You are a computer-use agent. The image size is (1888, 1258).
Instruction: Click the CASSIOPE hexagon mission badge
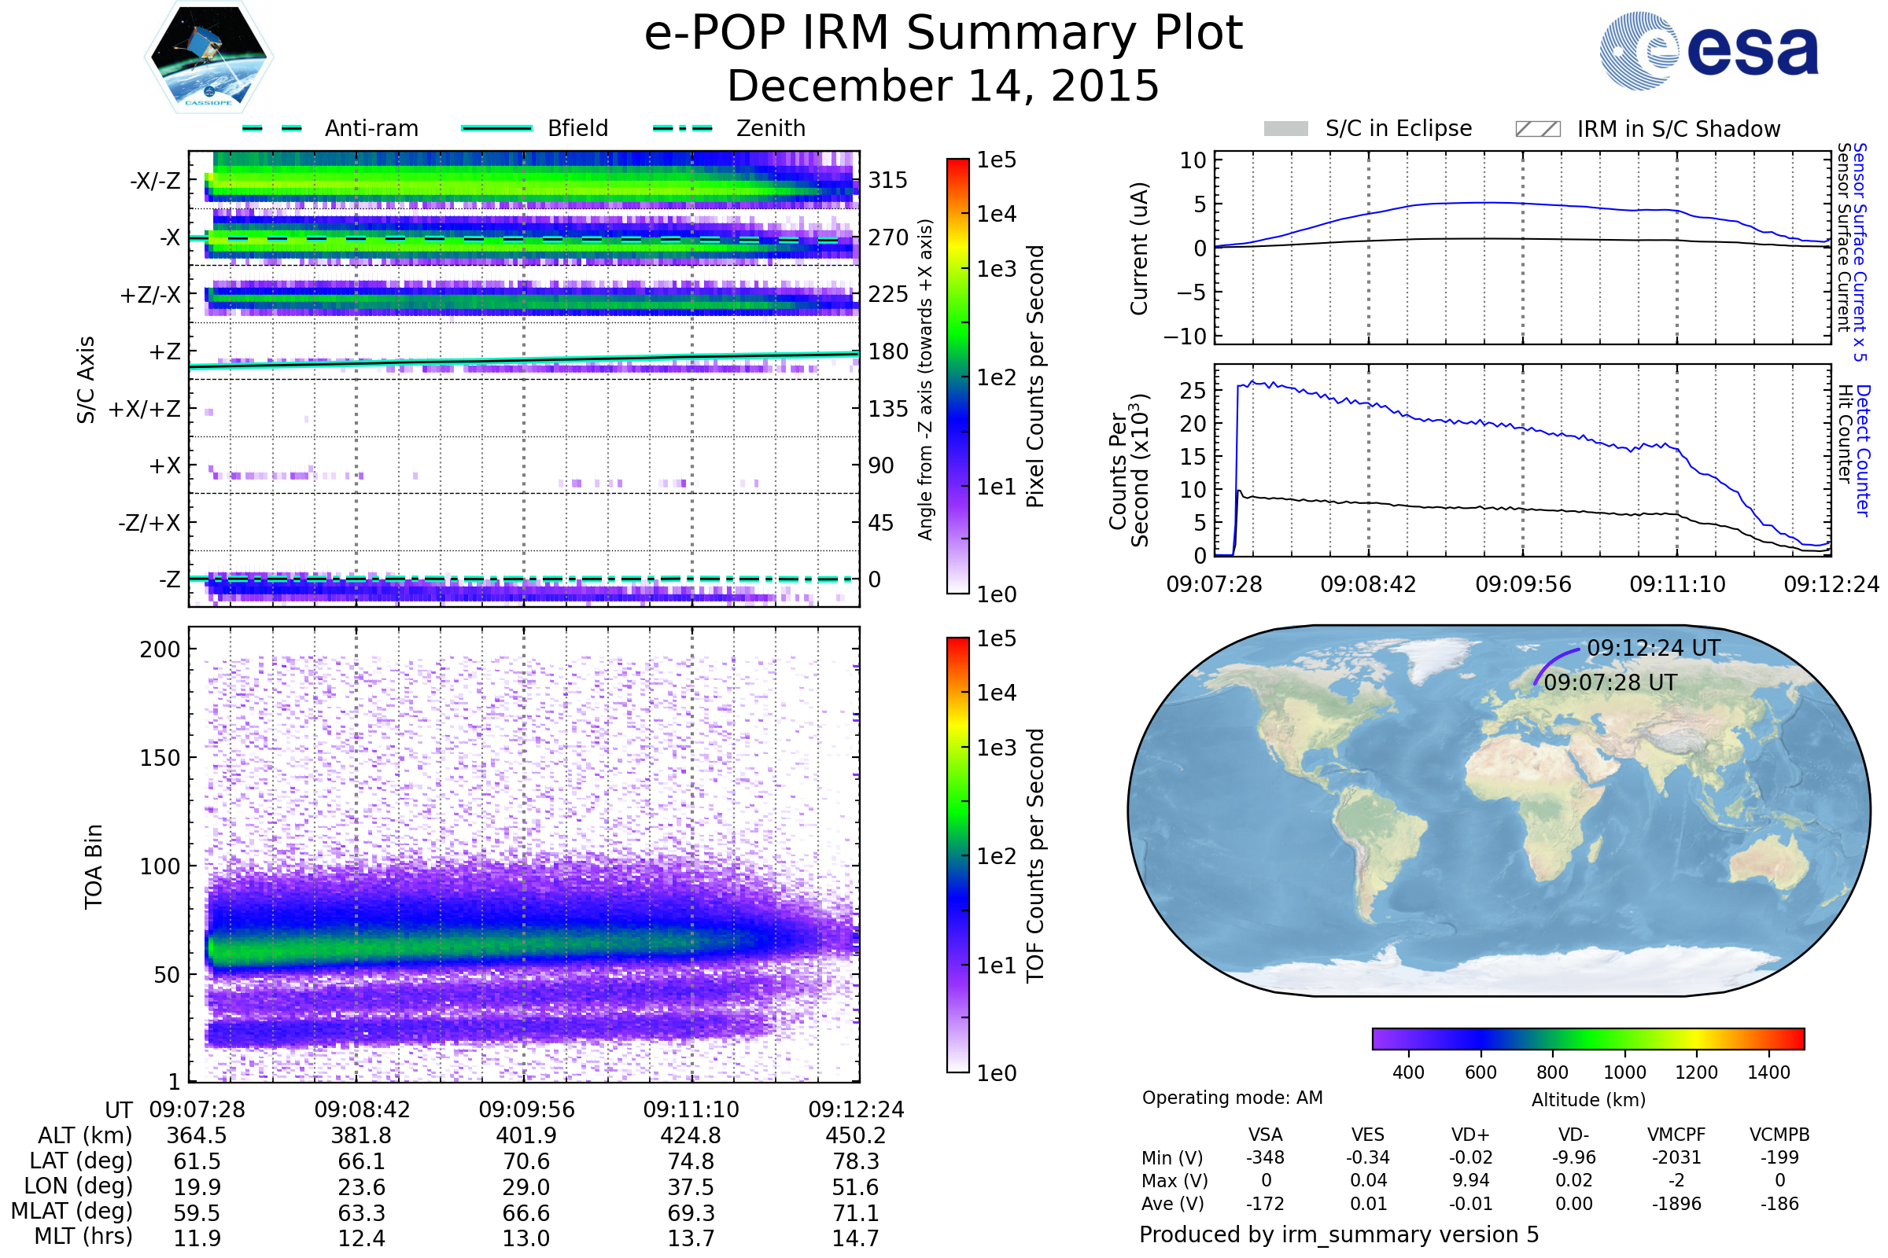click(x=208, y=56)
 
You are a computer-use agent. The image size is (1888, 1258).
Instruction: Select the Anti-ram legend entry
click(x=330, y=128)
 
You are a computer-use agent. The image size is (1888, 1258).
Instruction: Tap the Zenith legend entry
click(x=729, y=128)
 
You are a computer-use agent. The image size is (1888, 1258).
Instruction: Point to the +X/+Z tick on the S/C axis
click(x=145, y=409)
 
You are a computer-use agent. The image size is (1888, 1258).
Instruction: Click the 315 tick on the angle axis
click(x=888, y=180)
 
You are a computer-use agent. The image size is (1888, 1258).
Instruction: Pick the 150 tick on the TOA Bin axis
click(x=160, y=758)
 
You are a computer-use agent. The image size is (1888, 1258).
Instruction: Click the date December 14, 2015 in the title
click(x=943, y=86)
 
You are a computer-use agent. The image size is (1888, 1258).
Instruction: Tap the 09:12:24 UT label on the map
click(x=1654, y=648)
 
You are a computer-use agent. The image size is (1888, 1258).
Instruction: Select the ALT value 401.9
click(x=526, y=1136)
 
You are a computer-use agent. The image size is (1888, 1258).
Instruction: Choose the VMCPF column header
click(x=1676, y=1135)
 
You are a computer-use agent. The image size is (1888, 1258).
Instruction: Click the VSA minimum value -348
click(x=1265, y=1157)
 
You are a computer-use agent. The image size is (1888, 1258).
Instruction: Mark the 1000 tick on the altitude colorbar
click(x=1624, y=1072)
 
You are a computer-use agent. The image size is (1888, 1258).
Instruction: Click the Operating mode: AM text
click(x=1232, y=1098)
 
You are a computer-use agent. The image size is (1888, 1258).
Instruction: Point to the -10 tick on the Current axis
click(x=1185, y=337)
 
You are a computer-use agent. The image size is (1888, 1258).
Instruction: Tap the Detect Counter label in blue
click(x=1863, y=450)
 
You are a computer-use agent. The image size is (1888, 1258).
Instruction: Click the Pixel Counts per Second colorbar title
click(x=1035, y=377)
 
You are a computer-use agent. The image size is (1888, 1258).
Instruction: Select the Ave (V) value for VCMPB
click(x=1779, y=1204)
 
